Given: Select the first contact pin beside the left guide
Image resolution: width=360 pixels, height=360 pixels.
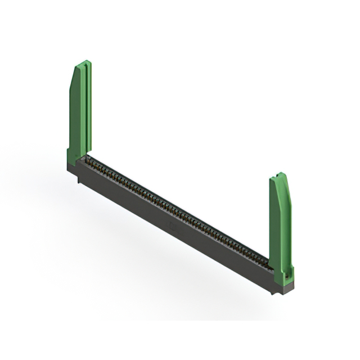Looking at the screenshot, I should (x=89, y=162).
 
